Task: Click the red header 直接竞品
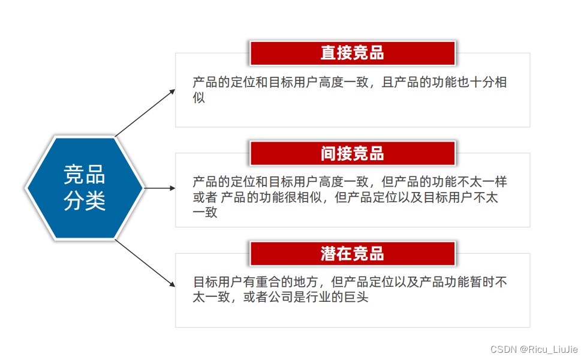tap(353, 53)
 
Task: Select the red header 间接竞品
tap(353, 154)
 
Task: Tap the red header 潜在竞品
tap(353, 253)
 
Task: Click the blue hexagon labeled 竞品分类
tap(85, 188)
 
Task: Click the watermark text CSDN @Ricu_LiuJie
tap(534, 349)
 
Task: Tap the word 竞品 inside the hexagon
tap(85, 175)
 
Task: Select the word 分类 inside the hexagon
tap(85, 201)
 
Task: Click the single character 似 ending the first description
tap(199, 97)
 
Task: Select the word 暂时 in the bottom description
tap(482, 282)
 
